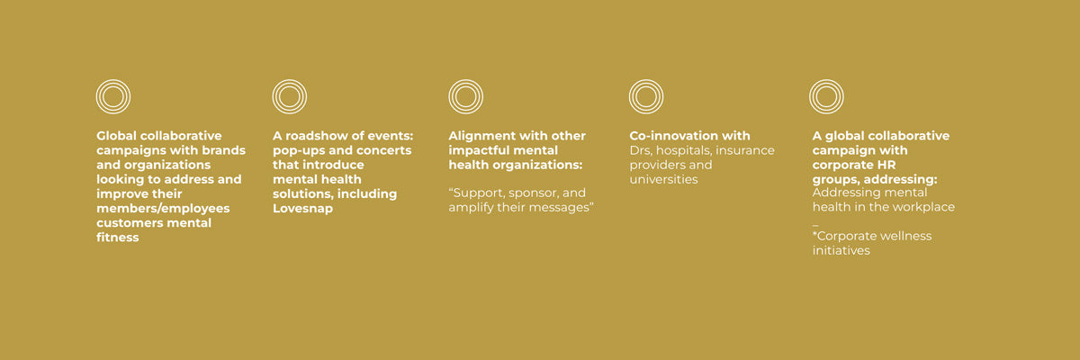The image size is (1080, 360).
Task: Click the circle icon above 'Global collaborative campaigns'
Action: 112,80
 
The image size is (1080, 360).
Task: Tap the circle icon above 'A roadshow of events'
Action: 289,80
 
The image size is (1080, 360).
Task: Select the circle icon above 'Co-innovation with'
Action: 646,80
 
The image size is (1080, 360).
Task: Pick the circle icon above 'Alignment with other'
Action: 466,80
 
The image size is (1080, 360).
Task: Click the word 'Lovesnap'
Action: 302,208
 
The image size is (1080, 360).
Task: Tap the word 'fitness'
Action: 118,237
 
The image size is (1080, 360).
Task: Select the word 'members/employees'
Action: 163,208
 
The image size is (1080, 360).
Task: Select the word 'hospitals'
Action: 684,150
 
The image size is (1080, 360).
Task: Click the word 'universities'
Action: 664,179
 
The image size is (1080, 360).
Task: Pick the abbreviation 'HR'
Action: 887,165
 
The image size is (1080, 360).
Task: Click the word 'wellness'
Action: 908,236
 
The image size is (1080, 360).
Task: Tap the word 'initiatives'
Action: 841,250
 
